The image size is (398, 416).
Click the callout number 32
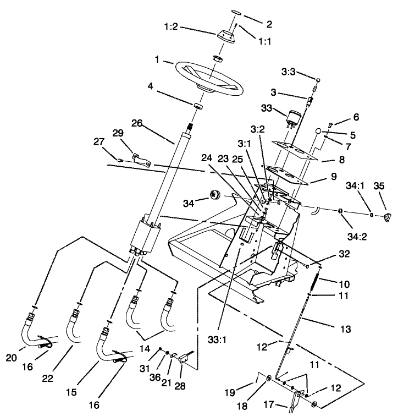click(344, 255)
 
